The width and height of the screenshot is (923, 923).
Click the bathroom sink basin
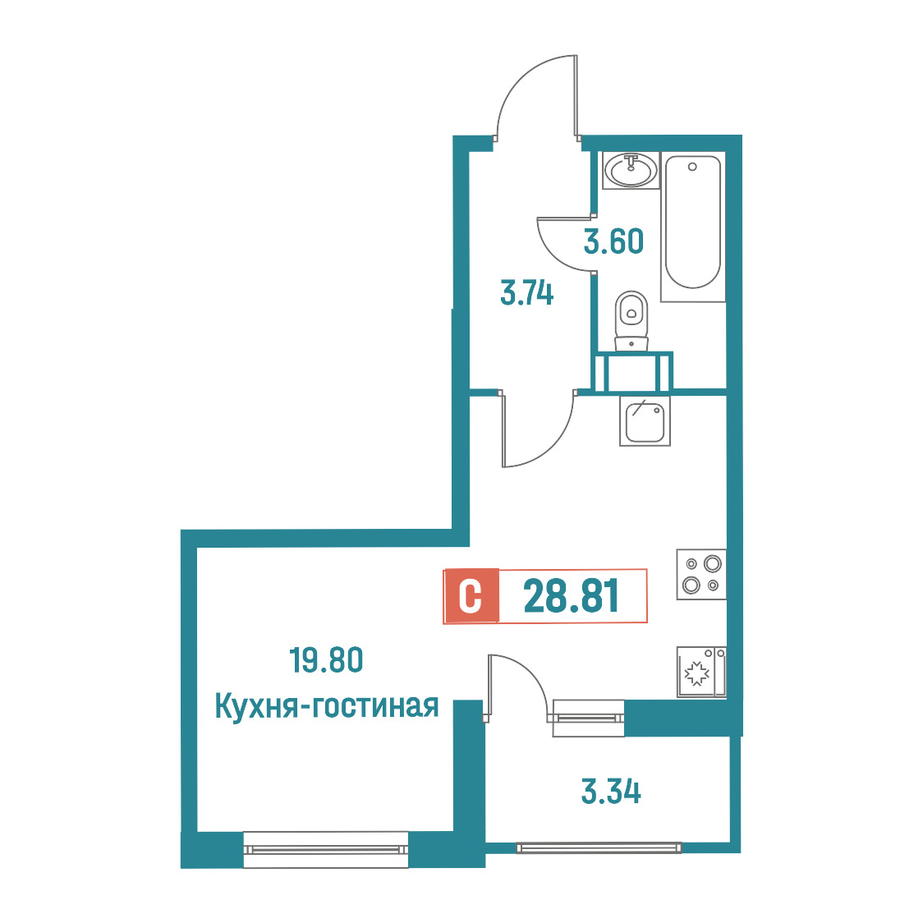[x=631, y=170]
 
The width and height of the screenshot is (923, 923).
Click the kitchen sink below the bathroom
[x=645, y=420]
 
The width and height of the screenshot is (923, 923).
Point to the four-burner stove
[x=701, y=575]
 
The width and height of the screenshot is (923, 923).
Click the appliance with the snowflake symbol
[x=701, y=673]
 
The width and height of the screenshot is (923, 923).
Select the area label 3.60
[x=613, y=241]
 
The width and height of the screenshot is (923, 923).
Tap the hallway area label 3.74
[x=527, y=293]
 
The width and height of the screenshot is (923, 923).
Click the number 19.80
[x=326, y=660]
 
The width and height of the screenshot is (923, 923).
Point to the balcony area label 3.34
[x=611, y=791]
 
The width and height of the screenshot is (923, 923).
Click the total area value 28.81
[x=571, y=595]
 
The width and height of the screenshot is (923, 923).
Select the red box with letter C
[x=471, y=595]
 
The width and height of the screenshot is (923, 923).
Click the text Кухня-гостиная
[x=327, y=705]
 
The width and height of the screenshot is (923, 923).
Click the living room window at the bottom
[x=325, y=849]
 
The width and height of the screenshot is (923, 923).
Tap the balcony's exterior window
[x=599, y=848]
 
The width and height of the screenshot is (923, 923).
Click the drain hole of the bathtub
[x=692, y=167]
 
